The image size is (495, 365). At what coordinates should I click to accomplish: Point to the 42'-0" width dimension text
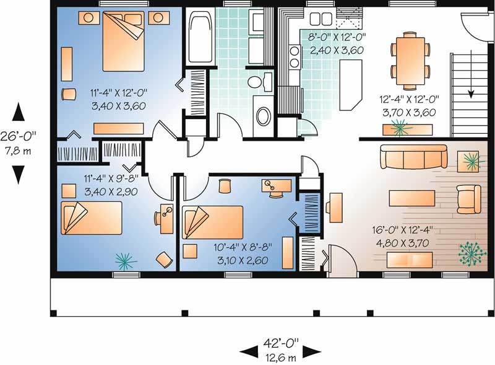pyautogui.click(x=281, y=342)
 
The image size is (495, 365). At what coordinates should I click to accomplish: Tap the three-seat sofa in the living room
pyautogui.click(x=413, y=157)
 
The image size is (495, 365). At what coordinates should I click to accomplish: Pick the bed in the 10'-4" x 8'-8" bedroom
pyautogui.click(x=213, y=222)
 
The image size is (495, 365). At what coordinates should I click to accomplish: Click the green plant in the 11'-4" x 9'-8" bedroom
pyautogui.click(x=126, y=262)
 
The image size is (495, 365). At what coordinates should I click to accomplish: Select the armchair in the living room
pyautogui.click(x=468, y=198)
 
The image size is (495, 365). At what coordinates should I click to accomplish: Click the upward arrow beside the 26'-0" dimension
pyautogui.click(x=19, y=112)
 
